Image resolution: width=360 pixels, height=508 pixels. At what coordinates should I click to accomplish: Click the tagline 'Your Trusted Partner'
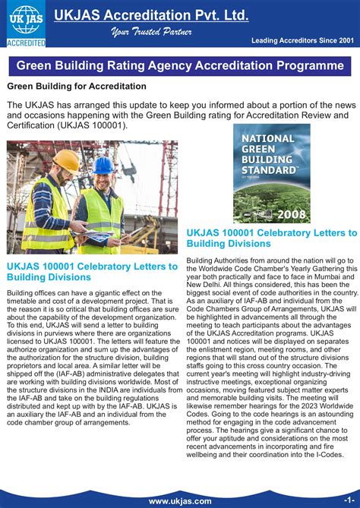151,32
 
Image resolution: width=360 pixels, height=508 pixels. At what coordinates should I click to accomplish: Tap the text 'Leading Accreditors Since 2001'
303,40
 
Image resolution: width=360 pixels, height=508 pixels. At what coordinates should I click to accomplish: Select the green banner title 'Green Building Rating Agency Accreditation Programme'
180,66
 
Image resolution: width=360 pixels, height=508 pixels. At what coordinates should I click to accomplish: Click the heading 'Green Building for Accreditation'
77,87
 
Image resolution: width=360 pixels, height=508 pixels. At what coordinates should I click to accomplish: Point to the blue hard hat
103,165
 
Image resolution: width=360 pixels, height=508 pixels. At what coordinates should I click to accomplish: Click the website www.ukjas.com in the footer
180,501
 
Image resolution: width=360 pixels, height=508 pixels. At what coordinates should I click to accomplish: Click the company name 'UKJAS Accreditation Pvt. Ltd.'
181,15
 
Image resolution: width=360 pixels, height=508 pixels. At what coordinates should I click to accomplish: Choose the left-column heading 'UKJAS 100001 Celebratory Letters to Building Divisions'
92,272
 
